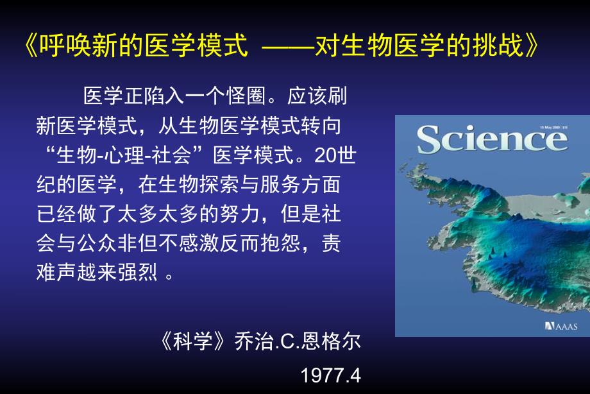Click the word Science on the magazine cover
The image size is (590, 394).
[492, 139]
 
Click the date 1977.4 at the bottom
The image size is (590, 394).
[331, 375]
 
